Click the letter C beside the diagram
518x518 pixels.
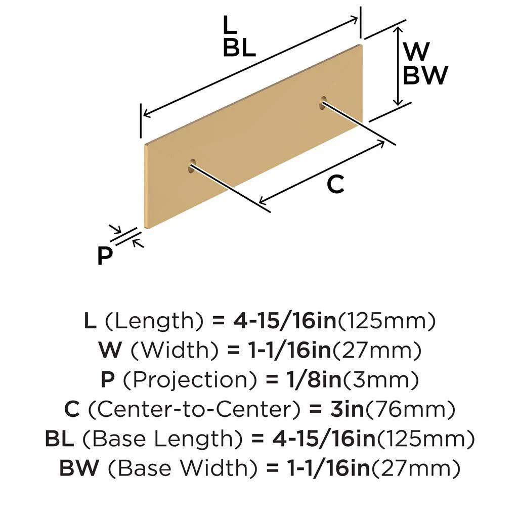pyautogui.click(x=335, y=185)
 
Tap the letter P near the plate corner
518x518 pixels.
pyautogui.click(x=105, y=256)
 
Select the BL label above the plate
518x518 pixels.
pyautogui.click(x=239, y=48)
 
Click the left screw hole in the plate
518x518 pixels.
pyautogui.click(x=192, y=164)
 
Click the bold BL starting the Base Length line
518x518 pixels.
pyautogui.click(x=59, y=439)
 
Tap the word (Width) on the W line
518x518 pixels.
pyautogui.click(x=167, y=350)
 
